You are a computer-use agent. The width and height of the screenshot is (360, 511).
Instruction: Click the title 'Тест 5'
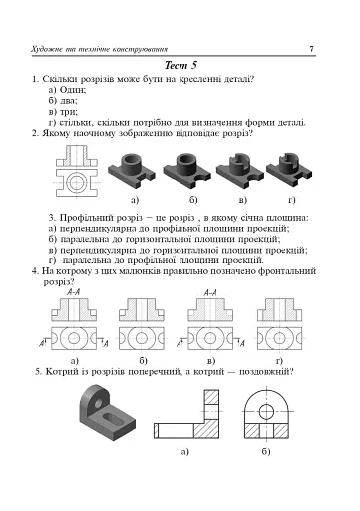180,64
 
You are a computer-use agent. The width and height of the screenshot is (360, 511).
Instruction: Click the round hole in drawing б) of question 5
266,404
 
